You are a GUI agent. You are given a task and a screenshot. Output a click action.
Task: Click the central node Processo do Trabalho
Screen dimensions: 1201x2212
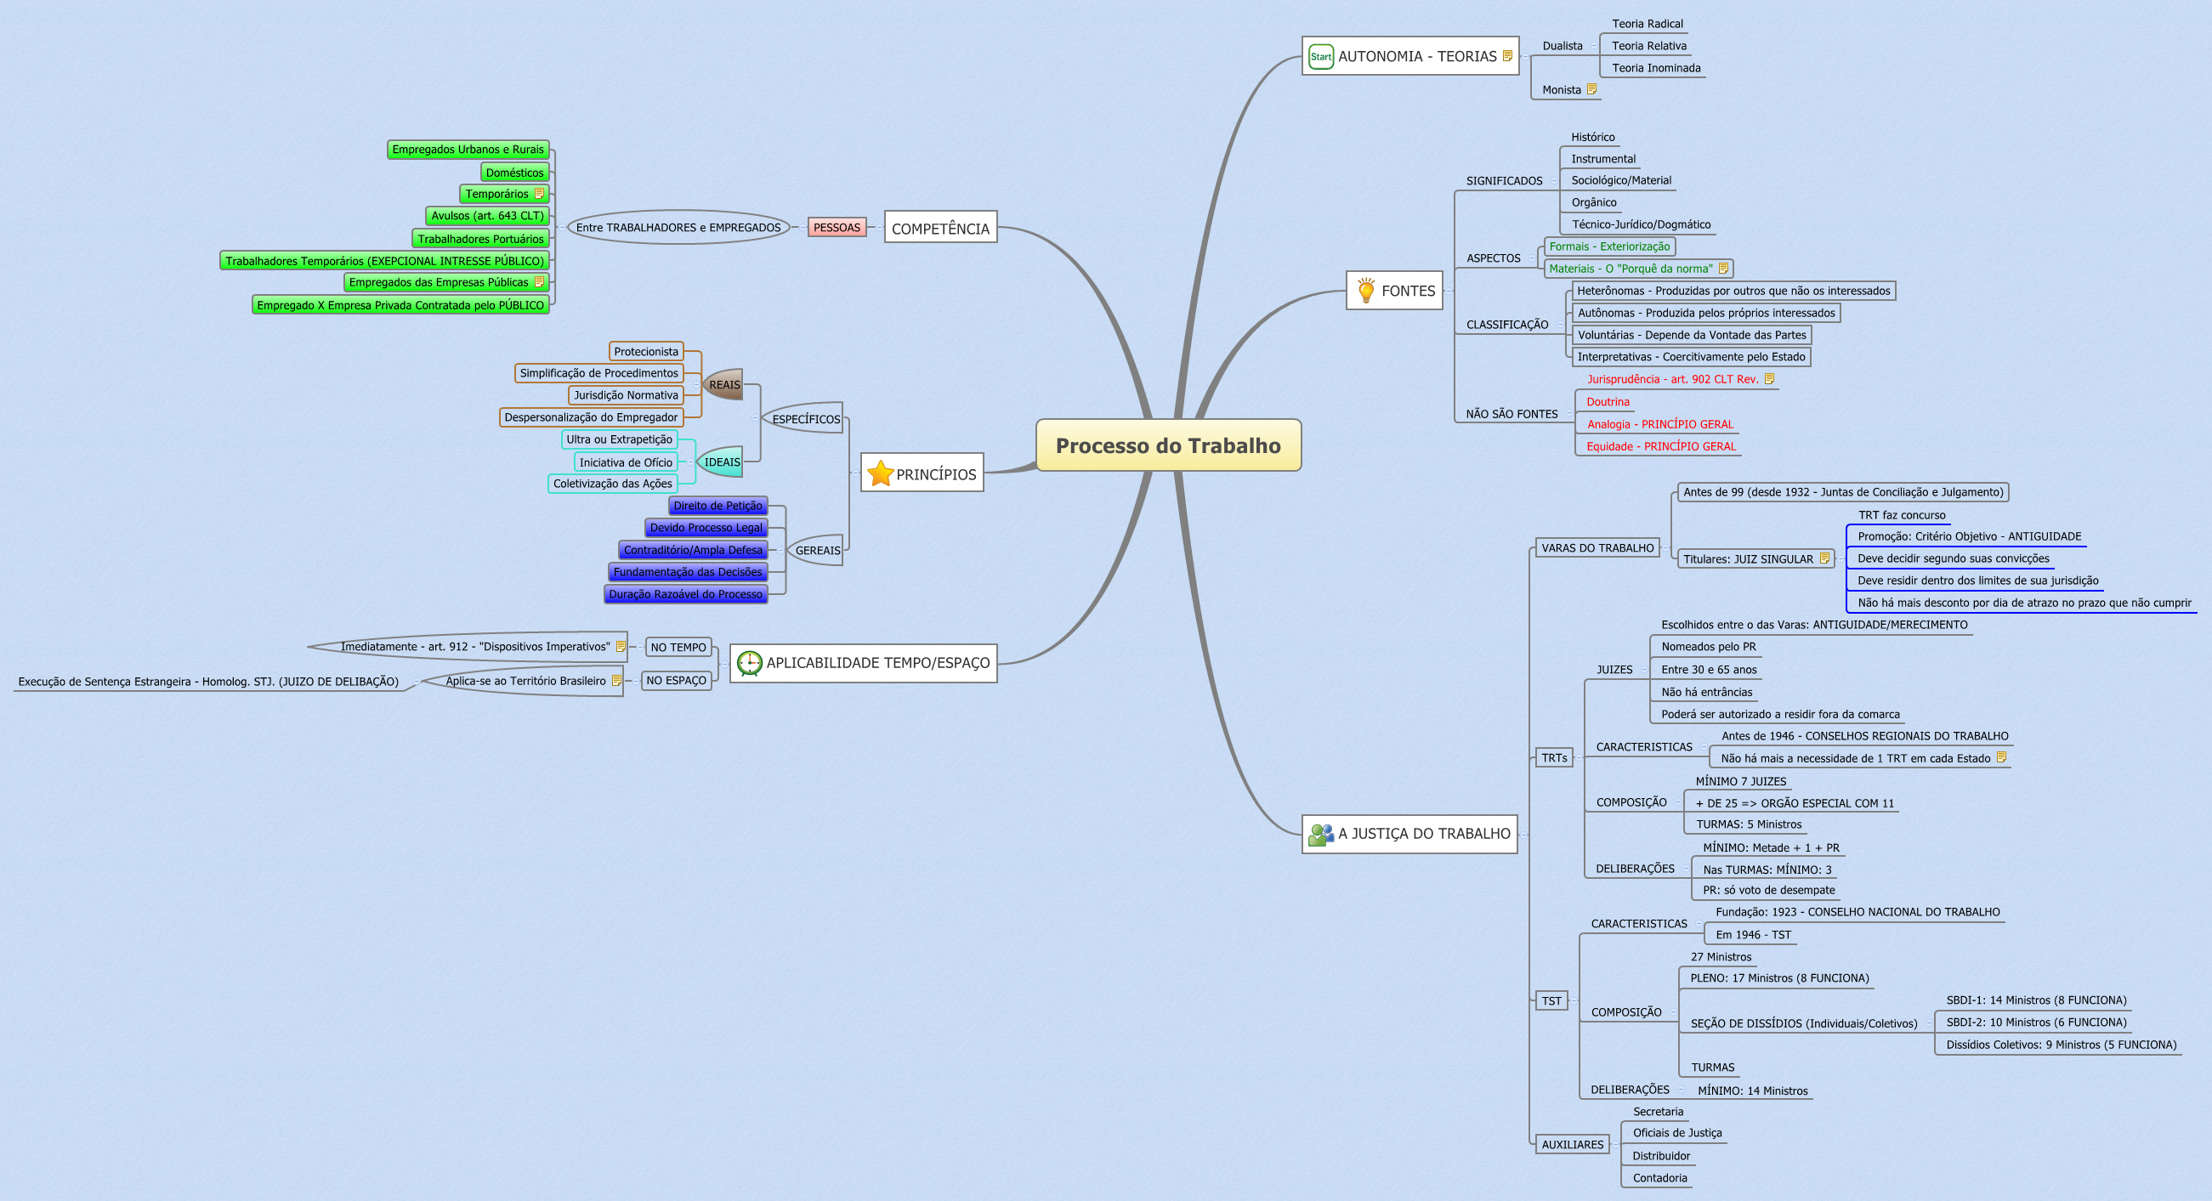(1168, 445)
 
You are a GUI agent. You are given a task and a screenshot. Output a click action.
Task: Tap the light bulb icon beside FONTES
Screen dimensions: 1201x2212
(1365, 290)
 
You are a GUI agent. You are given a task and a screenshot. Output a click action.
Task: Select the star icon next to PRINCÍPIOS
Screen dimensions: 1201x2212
(880, 473)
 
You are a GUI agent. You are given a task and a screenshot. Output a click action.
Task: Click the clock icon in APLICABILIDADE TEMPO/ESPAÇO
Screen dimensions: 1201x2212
(750, 663)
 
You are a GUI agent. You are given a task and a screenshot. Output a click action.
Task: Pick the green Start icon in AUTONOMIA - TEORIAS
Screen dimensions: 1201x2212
(1321, 57)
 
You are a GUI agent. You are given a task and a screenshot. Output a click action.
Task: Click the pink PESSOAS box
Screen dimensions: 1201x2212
(837, 228)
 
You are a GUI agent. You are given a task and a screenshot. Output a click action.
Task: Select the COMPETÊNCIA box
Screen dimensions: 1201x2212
(940, 229)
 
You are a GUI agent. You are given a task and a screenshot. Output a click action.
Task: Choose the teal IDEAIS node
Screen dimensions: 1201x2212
(721, 462)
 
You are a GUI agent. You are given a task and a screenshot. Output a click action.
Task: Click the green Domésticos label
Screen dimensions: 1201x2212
(514, 173)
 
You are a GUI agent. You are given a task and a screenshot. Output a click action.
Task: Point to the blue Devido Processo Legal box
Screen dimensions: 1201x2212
(705, 528)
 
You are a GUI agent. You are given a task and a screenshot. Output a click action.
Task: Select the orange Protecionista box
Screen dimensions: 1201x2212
(646, 351)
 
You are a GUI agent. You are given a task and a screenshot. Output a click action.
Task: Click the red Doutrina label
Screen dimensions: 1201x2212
(1608, 402)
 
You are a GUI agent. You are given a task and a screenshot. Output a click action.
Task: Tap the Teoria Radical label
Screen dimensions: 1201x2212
(1647, 24)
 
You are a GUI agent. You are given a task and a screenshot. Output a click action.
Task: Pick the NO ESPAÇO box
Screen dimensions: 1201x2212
(676, 681)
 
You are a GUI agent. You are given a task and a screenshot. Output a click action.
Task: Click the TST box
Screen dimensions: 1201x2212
(1551, 1001)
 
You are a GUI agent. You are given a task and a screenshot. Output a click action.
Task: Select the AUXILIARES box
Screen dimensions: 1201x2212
(1571, 1144)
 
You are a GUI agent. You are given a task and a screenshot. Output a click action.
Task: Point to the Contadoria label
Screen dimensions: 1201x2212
(1659, 1178)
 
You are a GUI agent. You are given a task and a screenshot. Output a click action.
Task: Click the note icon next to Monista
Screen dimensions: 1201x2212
(1591, 89)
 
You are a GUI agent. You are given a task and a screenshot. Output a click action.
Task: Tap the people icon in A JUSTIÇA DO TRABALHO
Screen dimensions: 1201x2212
(1320, 834)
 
